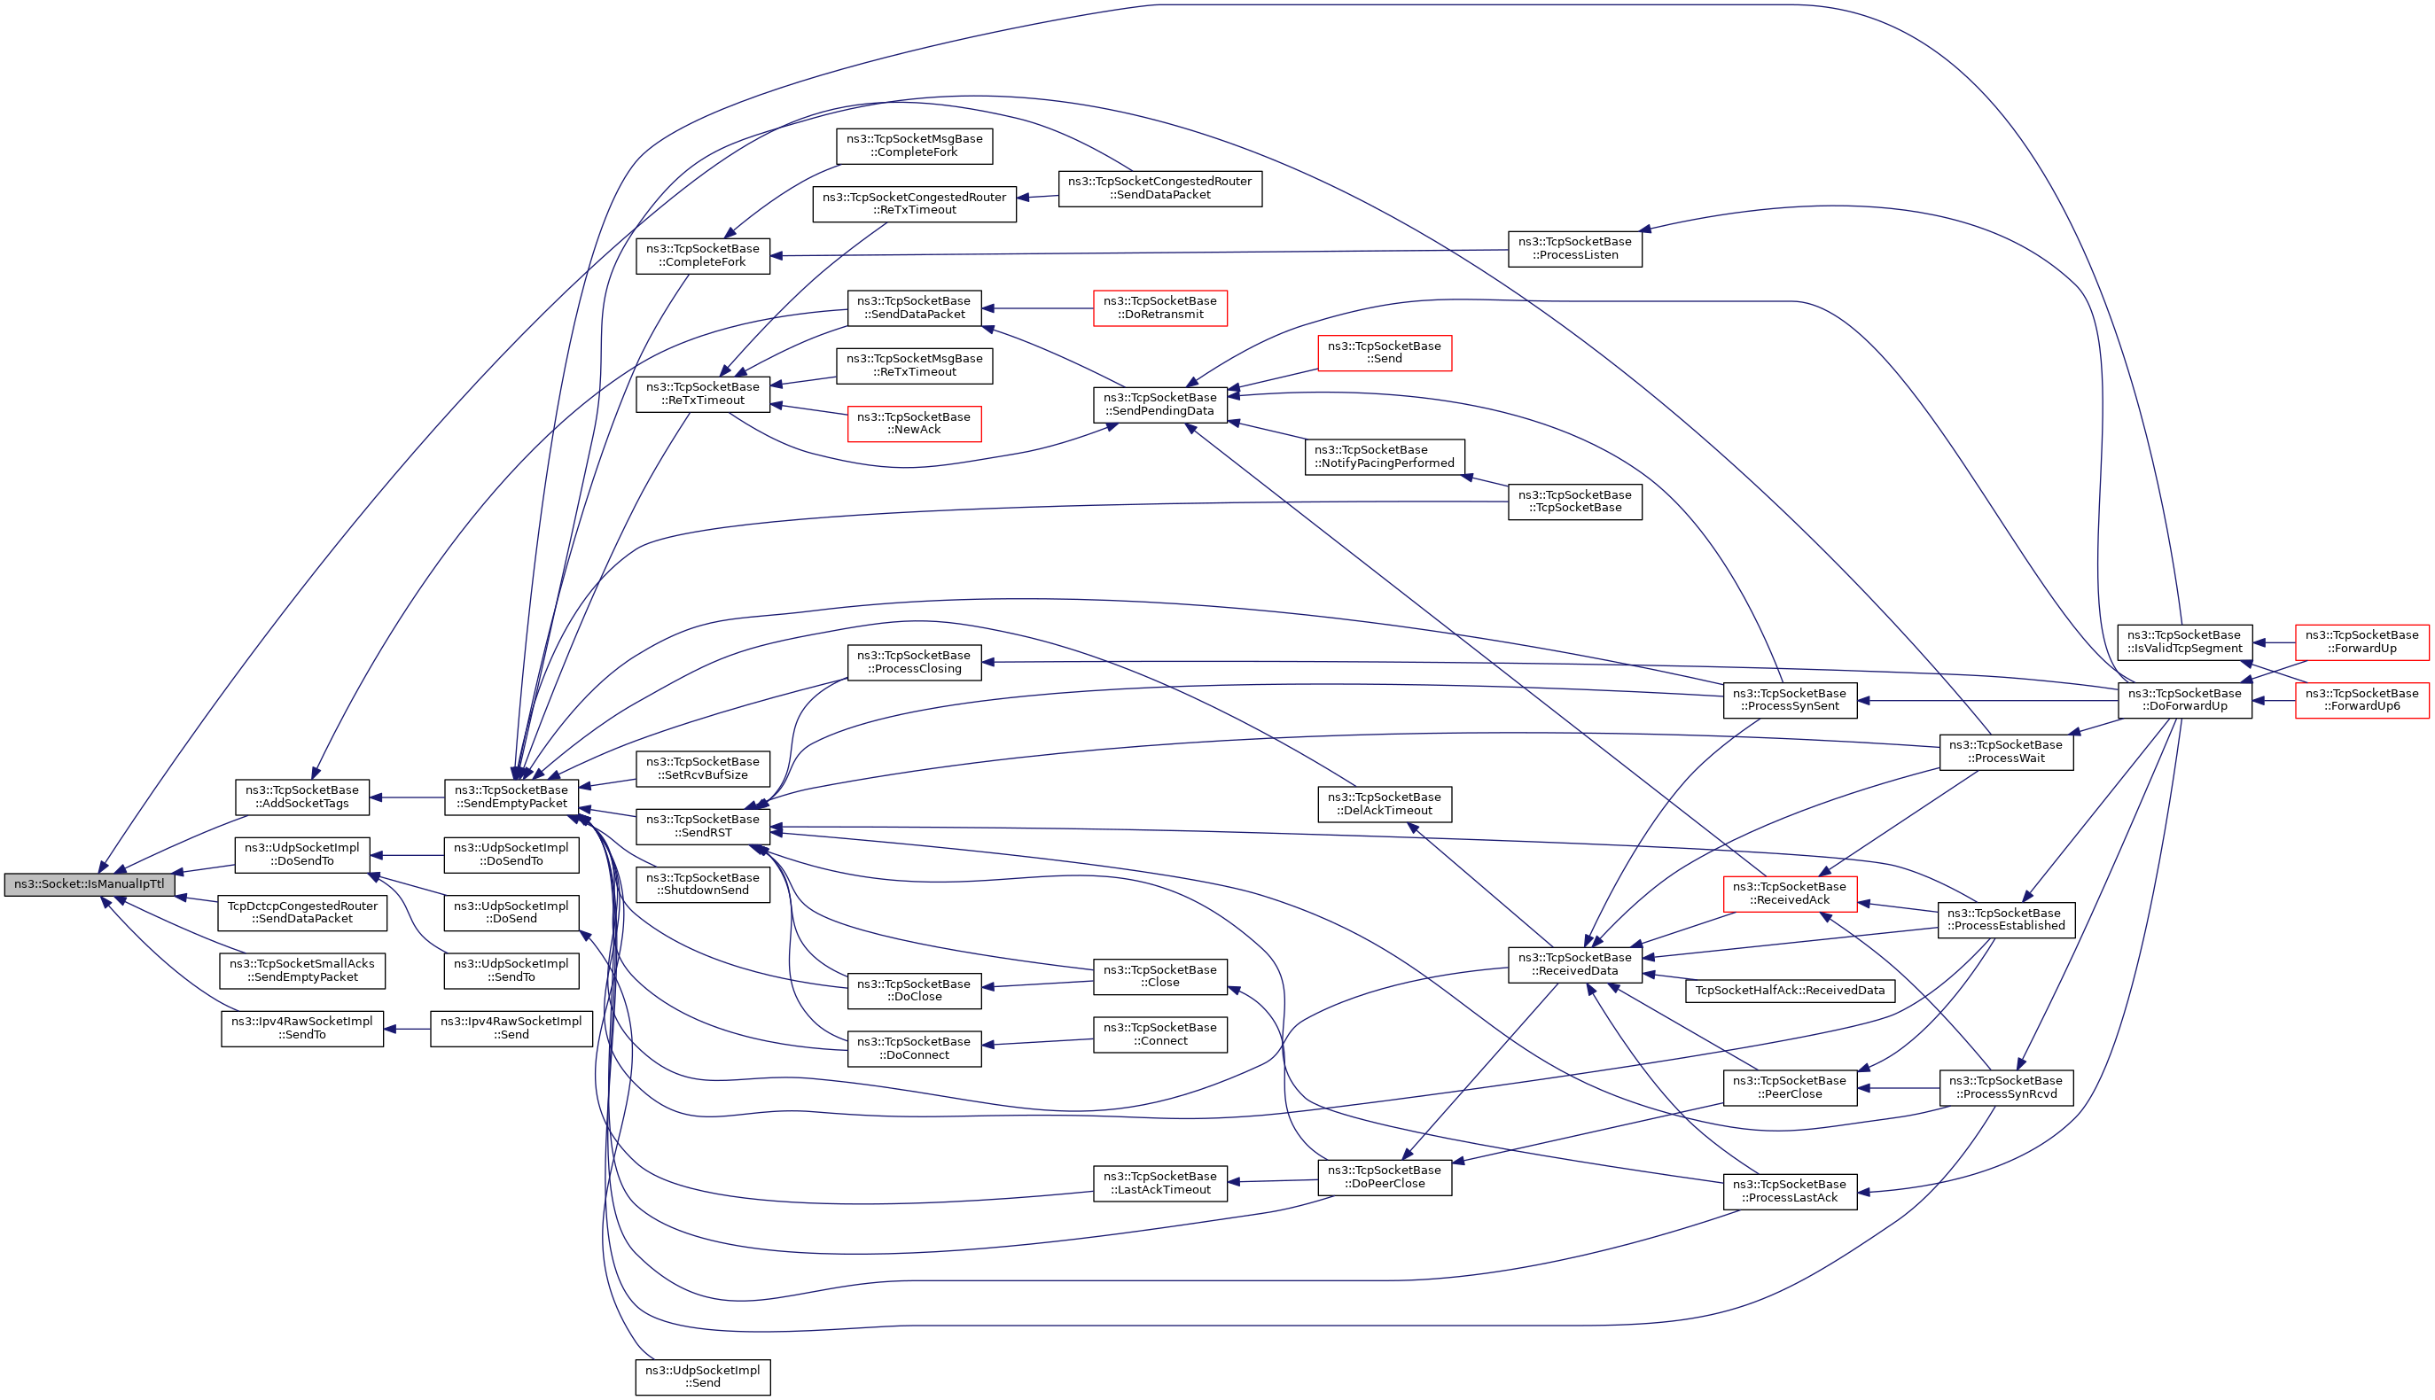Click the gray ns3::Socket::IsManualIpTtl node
coord(90,884)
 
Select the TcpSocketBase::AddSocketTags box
coord(302,797)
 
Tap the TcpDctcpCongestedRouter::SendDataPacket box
coord(302,913)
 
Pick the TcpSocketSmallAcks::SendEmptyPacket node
coord(302,970)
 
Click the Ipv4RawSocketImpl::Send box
coord(511,1029)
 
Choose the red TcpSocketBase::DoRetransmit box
coord(1159,307)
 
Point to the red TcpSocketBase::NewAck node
coord(914,423)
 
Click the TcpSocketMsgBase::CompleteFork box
coord(914,145)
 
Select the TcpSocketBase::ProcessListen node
coord(1574,248)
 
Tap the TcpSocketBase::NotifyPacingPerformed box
coord(1384,456)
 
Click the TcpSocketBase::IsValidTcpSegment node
coord(2184,642)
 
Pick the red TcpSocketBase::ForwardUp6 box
coord(2361,700)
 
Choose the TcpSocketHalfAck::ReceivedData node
coord(1789,991)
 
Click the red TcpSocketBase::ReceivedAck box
coord(1789,893)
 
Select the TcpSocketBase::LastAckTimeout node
coord(1159,1183)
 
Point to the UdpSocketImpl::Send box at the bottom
coord(702,1377)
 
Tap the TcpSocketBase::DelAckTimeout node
coord(1384,804)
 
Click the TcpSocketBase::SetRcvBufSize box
coord(702,768)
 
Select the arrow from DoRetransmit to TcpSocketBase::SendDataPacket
coord(1039,308)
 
